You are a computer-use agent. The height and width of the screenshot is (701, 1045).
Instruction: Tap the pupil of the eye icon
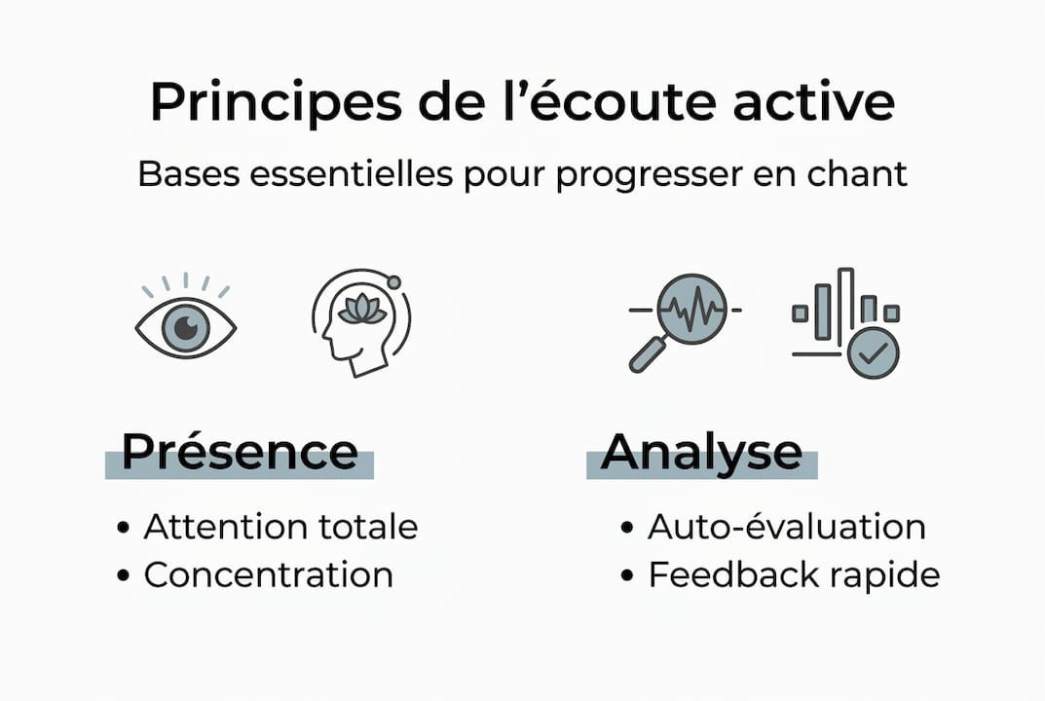tap(185, 328)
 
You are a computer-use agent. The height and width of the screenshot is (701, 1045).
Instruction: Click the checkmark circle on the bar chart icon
tap(873, 351)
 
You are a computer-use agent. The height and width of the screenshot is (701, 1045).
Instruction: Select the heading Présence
tap(240, 452)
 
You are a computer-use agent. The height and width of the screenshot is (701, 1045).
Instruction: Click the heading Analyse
tap(701, 452)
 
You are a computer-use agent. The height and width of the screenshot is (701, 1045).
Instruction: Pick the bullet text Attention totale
tap(280, 527)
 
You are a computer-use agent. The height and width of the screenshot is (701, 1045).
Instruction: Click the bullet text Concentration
tap(268, 574)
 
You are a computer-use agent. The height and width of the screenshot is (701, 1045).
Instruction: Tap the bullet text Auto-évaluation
tap(786, 527)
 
